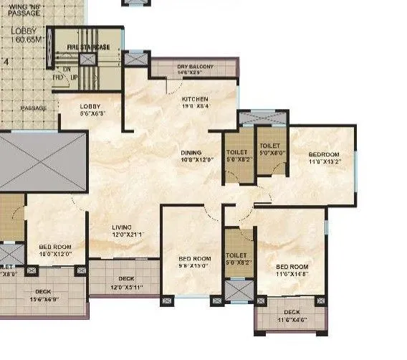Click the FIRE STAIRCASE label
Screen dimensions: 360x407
coord(88,47)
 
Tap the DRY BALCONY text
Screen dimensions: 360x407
coord(195,67)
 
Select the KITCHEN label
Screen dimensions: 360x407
coord(194,99)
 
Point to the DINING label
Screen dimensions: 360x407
coord(191,153)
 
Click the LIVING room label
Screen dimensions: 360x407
coord(123,226)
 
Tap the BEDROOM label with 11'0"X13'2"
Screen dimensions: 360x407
coord(325,154)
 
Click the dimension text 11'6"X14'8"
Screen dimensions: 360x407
coord(291,273)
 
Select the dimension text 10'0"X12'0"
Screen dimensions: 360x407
coord(54,255)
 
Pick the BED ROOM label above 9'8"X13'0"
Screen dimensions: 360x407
coord(194,258)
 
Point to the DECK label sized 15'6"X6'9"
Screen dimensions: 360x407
coord(43,291)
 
